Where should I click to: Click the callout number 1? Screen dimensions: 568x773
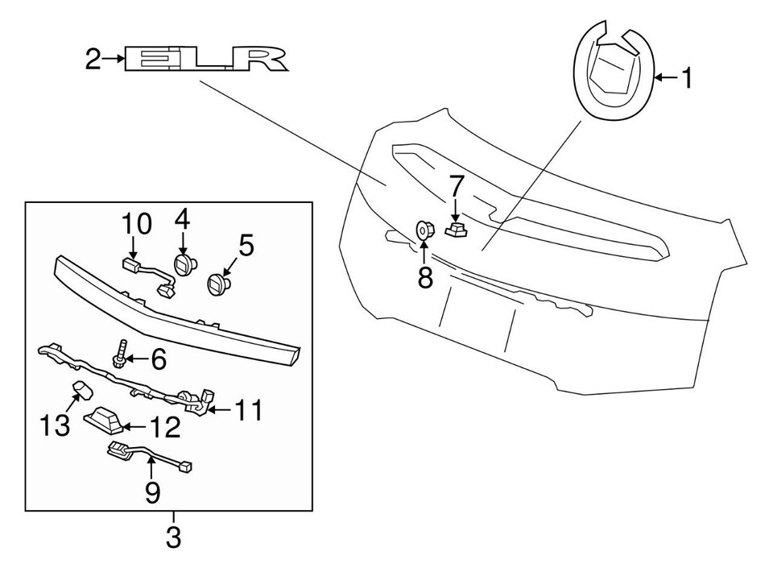[x=686, y=78]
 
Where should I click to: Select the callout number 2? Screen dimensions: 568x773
[x=93, y=59]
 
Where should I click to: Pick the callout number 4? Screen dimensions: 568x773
[x=182, y=219]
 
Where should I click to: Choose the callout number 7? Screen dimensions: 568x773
[x=456, y=187]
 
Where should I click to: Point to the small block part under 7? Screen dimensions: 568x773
[x=457, y=230]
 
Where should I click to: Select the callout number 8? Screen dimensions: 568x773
[x=424, y=278]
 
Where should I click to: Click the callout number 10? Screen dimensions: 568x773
[x=137, y=224]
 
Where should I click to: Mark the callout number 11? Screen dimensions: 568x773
[x=248, y=412]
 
